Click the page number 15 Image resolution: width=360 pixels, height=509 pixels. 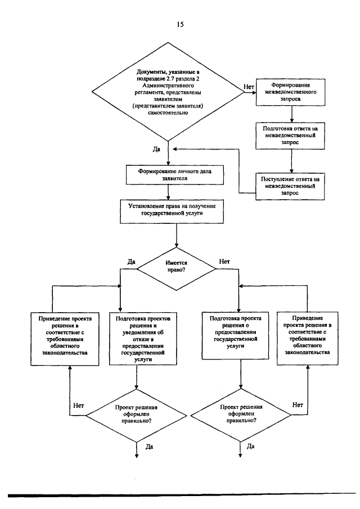coord(180,24)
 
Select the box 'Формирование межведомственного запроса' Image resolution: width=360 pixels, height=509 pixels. coord(291,92)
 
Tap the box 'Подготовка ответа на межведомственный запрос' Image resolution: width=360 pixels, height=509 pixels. coord(290,136)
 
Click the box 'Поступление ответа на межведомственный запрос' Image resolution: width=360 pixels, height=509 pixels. coord(290,186)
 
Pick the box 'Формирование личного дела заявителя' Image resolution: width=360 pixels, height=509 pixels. coord(174,175)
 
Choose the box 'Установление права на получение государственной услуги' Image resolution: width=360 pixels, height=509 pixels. coord(172,211)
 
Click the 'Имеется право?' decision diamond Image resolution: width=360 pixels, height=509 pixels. coord(176,269)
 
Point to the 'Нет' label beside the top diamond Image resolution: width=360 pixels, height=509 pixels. coord(249,87)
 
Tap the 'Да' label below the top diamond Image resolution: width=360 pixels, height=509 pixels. coord(156,149)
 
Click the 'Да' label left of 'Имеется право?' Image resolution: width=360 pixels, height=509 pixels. coord(131,262)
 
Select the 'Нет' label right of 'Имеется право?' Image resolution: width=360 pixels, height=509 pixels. coord(224,262)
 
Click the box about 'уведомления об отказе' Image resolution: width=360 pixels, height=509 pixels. coord(143,339)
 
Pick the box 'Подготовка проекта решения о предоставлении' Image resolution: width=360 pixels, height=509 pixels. coord(235,336)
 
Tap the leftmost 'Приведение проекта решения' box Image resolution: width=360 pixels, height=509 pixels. coord(65,339)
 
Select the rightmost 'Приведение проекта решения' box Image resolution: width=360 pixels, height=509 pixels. coord(308,339)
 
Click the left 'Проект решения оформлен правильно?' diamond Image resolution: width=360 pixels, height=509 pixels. coord(136,415)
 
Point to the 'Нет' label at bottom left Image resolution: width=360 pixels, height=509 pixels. coord(79,406)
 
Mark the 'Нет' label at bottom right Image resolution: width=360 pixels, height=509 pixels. coord(298,405)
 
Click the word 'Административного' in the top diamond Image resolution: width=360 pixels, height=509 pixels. coord(168,85)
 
